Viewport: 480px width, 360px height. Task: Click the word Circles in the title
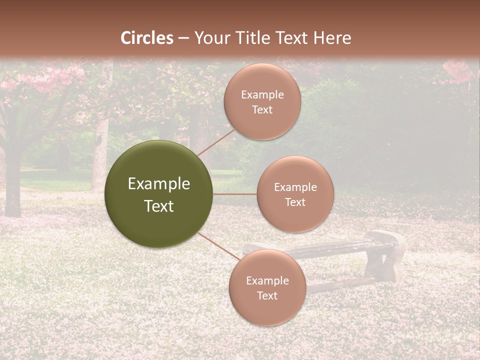pos(146,38)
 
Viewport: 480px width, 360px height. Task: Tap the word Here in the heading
pos(332,38)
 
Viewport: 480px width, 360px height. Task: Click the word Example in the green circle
pos(159,184)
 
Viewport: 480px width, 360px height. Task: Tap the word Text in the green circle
pos(159,206)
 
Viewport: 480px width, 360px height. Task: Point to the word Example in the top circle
pos(262,94)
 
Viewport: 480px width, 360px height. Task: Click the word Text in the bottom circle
pos(267,295)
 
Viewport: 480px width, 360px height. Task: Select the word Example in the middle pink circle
pos(295,187)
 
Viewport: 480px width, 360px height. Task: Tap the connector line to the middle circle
pos(235,194)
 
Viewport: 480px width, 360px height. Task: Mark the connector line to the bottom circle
pos(218,245)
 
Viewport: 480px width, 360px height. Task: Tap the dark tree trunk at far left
pos(12,185)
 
